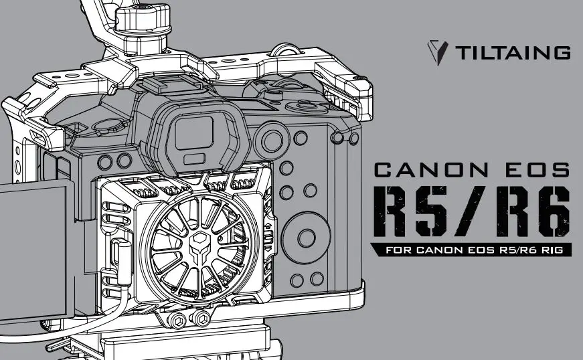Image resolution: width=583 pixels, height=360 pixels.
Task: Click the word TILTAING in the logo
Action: pyautogui.click(x=513, y=52)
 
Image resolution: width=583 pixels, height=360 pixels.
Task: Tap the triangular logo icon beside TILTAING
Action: pyautogui.click(x=438, y=52)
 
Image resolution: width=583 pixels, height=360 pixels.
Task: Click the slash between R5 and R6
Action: pyautogui.click(x=473, y=209)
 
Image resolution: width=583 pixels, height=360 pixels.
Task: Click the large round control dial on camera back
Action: pyautogui.click(x=306, y=236)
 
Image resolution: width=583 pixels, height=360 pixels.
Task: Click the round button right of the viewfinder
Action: pyautogui.click(x=272, y=141)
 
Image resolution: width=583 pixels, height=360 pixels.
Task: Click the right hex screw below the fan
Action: pyautogui.click(x=203, y=319)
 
